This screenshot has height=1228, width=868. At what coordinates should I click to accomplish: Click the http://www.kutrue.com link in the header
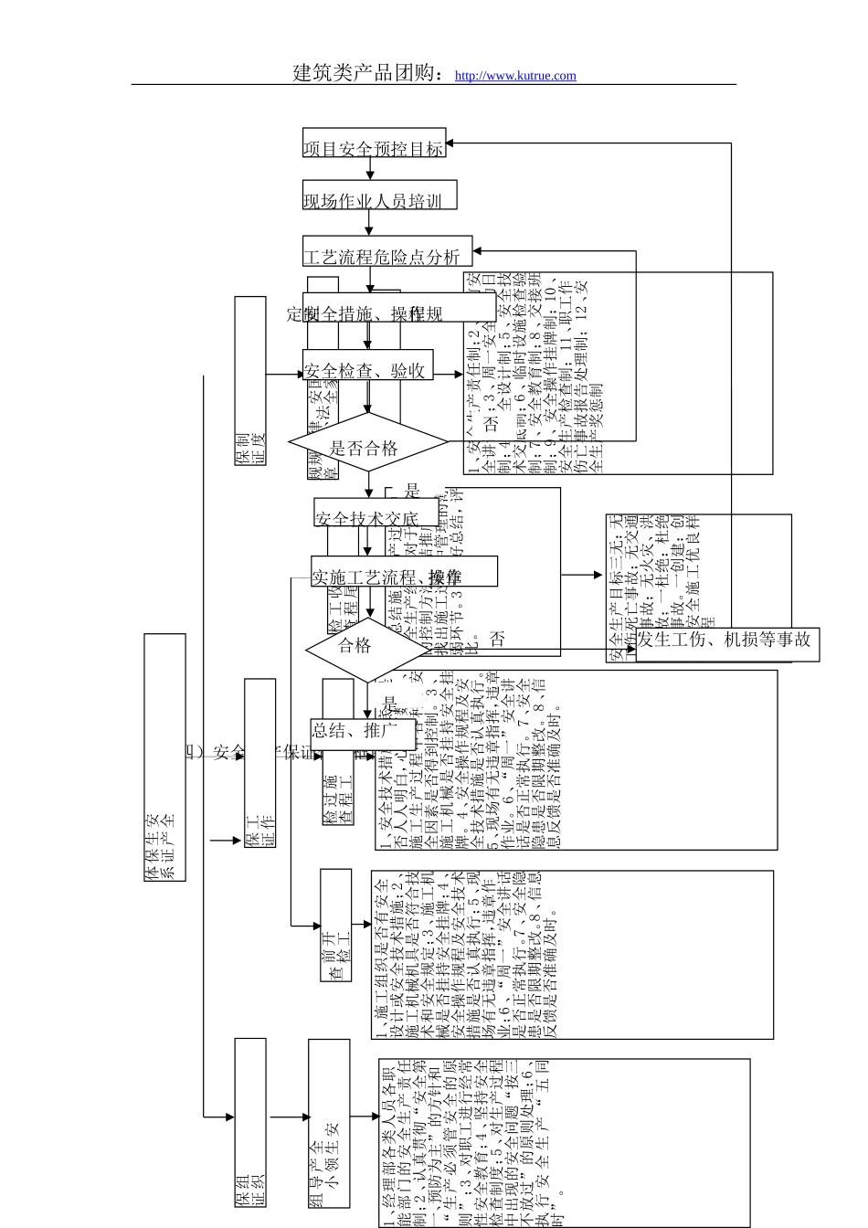coord(515,76)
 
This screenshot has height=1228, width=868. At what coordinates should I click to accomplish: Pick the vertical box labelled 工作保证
coord(260,764)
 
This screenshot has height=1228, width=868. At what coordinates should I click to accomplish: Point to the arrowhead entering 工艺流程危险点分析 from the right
coord(479,250)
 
